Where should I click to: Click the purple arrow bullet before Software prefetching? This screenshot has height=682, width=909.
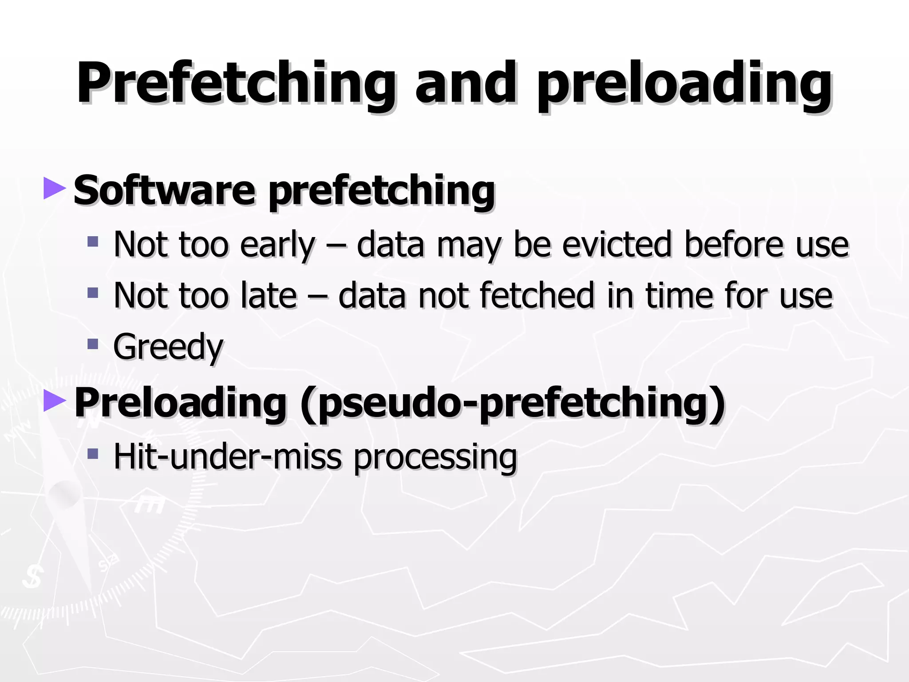pyautogui.click(x=55, y=188)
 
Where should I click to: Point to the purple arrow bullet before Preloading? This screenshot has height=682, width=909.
pyautogui.click(x=55, y=400)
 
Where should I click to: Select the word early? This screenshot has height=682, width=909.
pyautogui.click(x=277, y=245)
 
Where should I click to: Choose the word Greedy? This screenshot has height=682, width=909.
pyautogui.click(x=168, y=348)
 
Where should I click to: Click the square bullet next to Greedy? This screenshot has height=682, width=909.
pyautogui.click(x=92, y=344)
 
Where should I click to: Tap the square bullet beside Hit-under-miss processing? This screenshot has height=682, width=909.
pyautogui.click(x=92, y=453)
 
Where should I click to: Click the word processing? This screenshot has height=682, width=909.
pyautogui.click(x=435, y=457)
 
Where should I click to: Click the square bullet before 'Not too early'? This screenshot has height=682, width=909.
pyautogui.click(x=92, y=242)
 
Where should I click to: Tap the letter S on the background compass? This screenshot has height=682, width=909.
pyautogui.click(x=32, y=578)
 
